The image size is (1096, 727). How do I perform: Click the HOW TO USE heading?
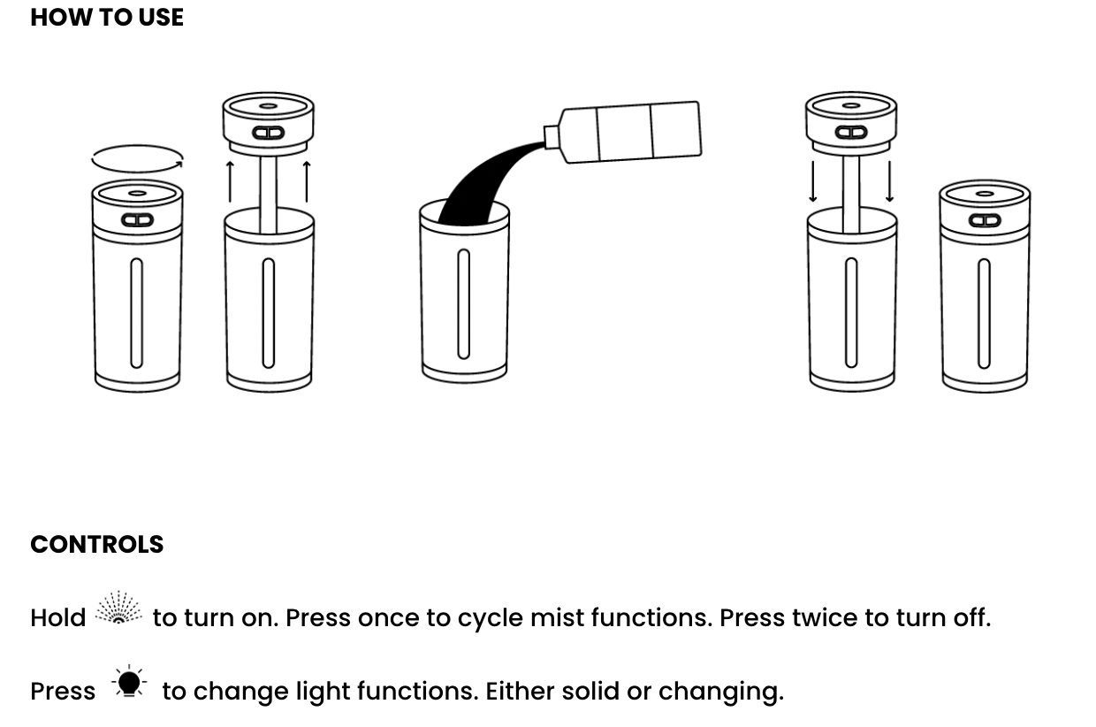[x=107, y=18]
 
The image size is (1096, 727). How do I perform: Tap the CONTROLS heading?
[x=97, y=544]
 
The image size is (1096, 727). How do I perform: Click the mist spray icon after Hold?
[x=118, y=609]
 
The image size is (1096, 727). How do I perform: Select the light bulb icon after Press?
[x=129, y=683]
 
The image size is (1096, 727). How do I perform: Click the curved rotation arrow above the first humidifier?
[x=138, y=159]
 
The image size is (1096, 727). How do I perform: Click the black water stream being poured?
[x=482, y=186]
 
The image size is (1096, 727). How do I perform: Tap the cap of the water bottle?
[x=552, y=137]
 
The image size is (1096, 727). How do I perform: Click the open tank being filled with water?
[x=464, y=292]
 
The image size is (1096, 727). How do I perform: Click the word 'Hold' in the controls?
[x=58, y=617]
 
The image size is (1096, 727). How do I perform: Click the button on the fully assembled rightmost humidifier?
[x=985, y=220]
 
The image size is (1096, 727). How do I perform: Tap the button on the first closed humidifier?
[x=137, y=220]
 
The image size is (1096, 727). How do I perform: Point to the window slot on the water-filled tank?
[x=463, y=303]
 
